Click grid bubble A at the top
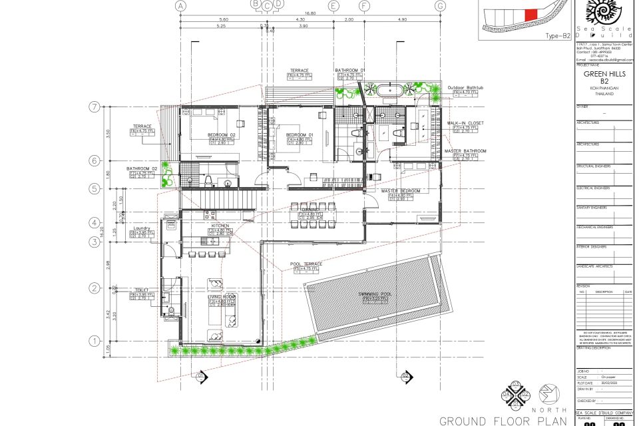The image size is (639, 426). coord(179,5)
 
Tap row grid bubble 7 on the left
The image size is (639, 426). coord(95,106)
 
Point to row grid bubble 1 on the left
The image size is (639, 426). coord(95,341)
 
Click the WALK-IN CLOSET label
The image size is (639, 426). coord(465,123)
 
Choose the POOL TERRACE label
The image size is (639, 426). coord(306,264)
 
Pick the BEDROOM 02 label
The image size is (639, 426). coord(222,135)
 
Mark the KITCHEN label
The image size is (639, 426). coord(220,226)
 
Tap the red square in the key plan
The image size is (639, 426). coord(531,15)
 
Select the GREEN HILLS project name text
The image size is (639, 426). coord(604,74)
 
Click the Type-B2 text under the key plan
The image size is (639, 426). coord(558,37)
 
